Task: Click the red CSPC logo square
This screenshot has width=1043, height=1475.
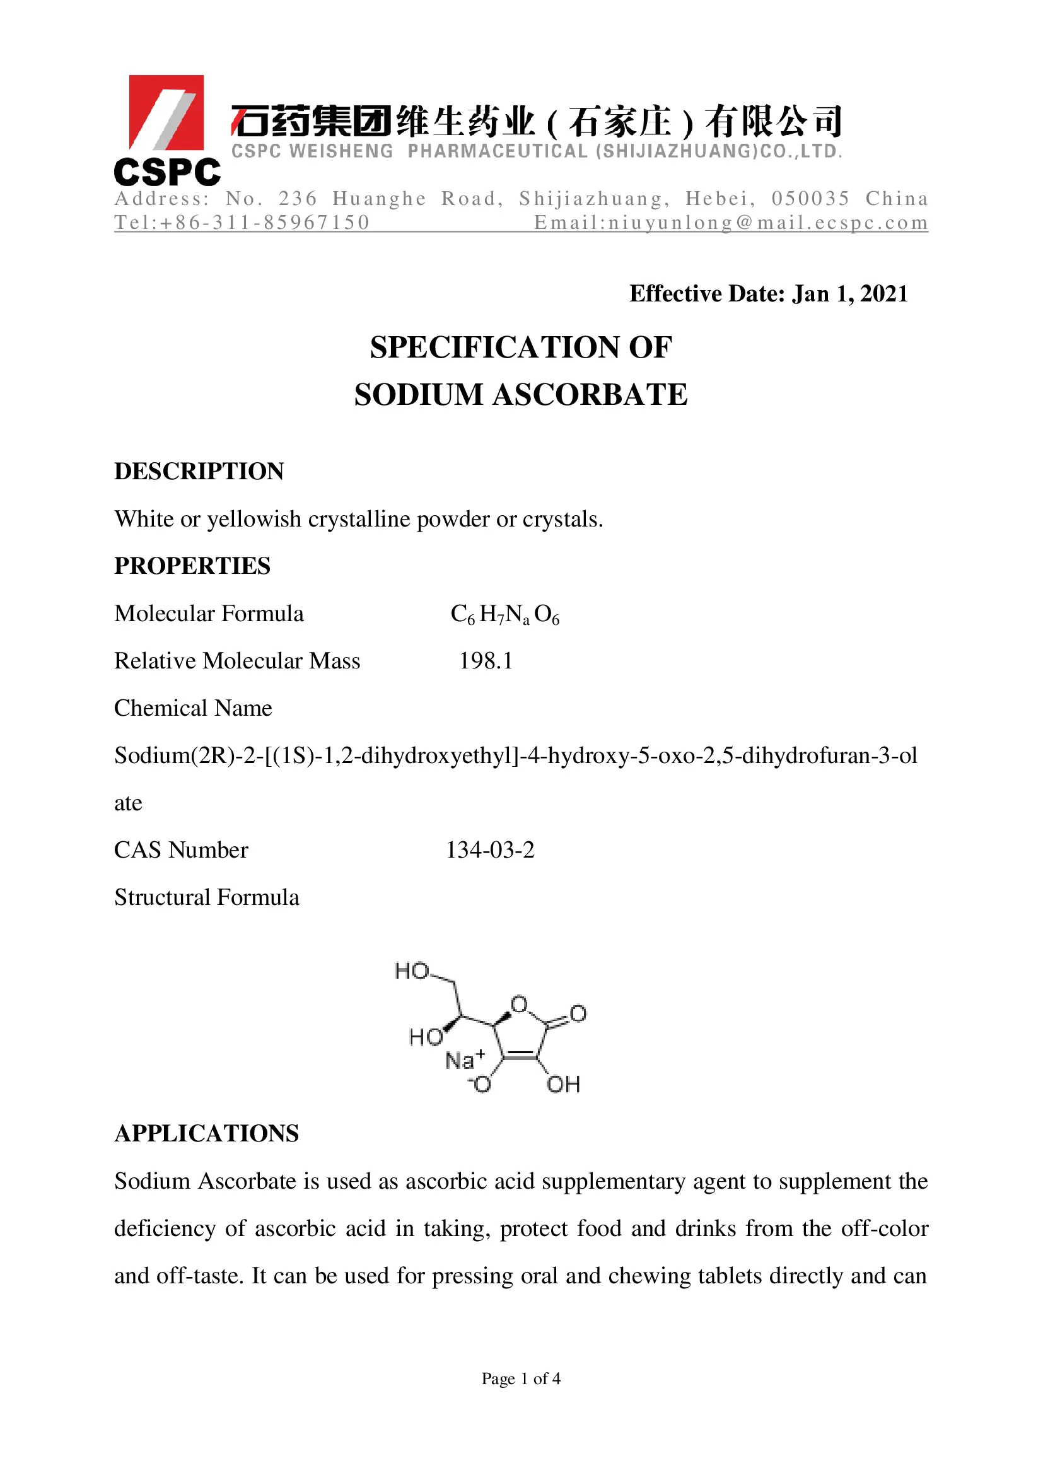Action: click(x=166, y=112)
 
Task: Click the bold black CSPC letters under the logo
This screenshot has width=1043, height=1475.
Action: click(x=167, y=172)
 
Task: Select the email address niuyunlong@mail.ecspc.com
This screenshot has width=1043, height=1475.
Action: click(x=731, y=222)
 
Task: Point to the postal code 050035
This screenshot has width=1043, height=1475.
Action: click(x=810, y=199)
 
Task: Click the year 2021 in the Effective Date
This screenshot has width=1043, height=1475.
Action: click(x=883, y=294)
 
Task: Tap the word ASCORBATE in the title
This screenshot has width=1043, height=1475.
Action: click(x=590, y=394)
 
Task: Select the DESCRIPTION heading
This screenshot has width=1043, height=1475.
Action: click(x=199, y=471)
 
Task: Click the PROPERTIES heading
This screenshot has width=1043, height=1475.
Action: click(x=192, y=565)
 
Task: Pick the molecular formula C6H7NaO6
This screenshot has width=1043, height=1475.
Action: click(x=505, y=614)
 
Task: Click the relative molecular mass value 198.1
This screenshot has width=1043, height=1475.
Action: click(x=486, y=661)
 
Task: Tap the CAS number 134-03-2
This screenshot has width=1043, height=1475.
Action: click(x=490, y=850)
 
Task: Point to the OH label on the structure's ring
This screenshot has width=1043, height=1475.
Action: click(x=563, y=1085)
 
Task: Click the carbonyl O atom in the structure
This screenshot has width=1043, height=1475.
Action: click(x=578, y=1013)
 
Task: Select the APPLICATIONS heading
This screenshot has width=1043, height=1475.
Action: click(x=206, y=1133)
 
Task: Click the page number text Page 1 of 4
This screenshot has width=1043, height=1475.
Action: click(x=521, y=1379)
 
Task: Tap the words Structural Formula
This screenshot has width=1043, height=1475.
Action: click(x=206, y=897)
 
